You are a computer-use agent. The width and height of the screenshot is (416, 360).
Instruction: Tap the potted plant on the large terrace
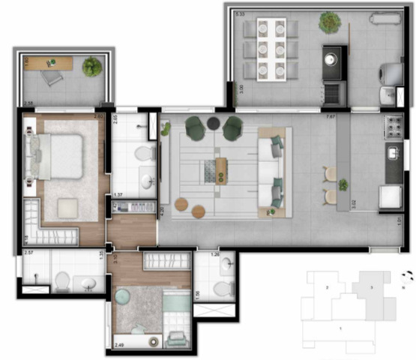tap(328, 22)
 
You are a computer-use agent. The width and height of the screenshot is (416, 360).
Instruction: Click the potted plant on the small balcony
tap(92, 67)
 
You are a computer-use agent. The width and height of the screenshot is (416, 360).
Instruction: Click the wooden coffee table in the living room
tap(221, 169)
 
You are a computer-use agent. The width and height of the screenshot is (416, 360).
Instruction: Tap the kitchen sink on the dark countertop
tap(393, 154)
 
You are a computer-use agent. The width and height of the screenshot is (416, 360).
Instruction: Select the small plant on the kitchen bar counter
tap(343, 184)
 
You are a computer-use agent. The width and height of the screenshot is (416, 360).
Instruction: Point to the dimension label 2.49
tap(118, 346)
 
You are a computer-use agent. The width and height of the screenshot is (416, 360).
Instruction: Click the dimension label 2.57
tap(28, 253)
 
